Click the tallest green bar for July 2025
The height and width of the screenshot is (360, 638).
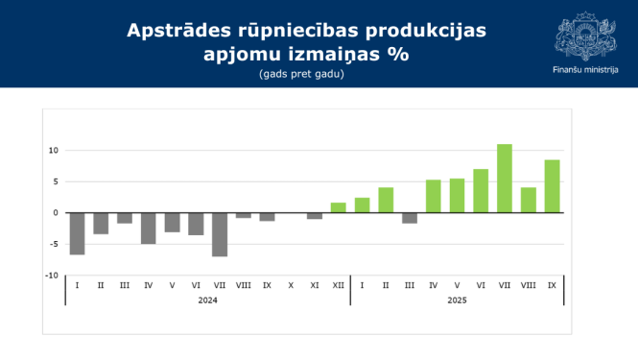click(x=504, y=179)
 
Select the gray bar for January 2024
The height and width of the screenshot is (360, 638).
click(x=77, y=233)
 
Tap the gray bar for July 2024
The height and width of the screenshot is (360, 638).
click(x=220, y=234)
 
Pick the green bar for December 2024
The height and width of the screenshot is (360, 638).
click(x=338, y=207)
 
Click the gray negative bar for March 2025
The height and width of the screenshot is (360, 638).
click(x=410, y=218)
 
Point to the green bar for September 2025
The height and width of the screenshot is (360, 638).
click(x=552, y=186)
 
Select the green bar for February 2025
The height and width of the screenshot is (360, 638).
click(x=386, y=200)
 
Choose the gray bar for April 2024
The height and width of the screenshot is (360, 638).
click(x=149, y=228)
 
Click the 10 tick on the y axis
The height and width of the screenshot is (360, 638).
click(x=54, y=151)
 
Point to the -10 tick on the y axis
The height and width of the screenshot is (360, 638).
click(x=53, y=275)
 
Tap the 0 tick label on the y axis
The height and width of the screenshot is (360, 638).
click(x=57, y=213)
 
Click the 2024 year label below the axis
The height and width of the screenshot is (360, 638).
click(x=207, y=300)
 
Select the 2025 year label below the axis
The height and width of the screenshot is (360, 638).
click(x=457, y=300)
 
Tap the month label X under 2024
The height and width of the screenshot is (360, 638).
click(x=291, y=285)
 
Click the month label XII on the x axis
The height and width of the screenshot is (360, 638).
click(x=338, y=285)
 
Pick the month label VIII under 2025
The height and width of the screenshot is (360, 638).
click(x=528, y=285)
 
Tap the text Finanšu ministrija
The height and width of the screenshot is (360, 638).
click(x=585, y=70)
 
